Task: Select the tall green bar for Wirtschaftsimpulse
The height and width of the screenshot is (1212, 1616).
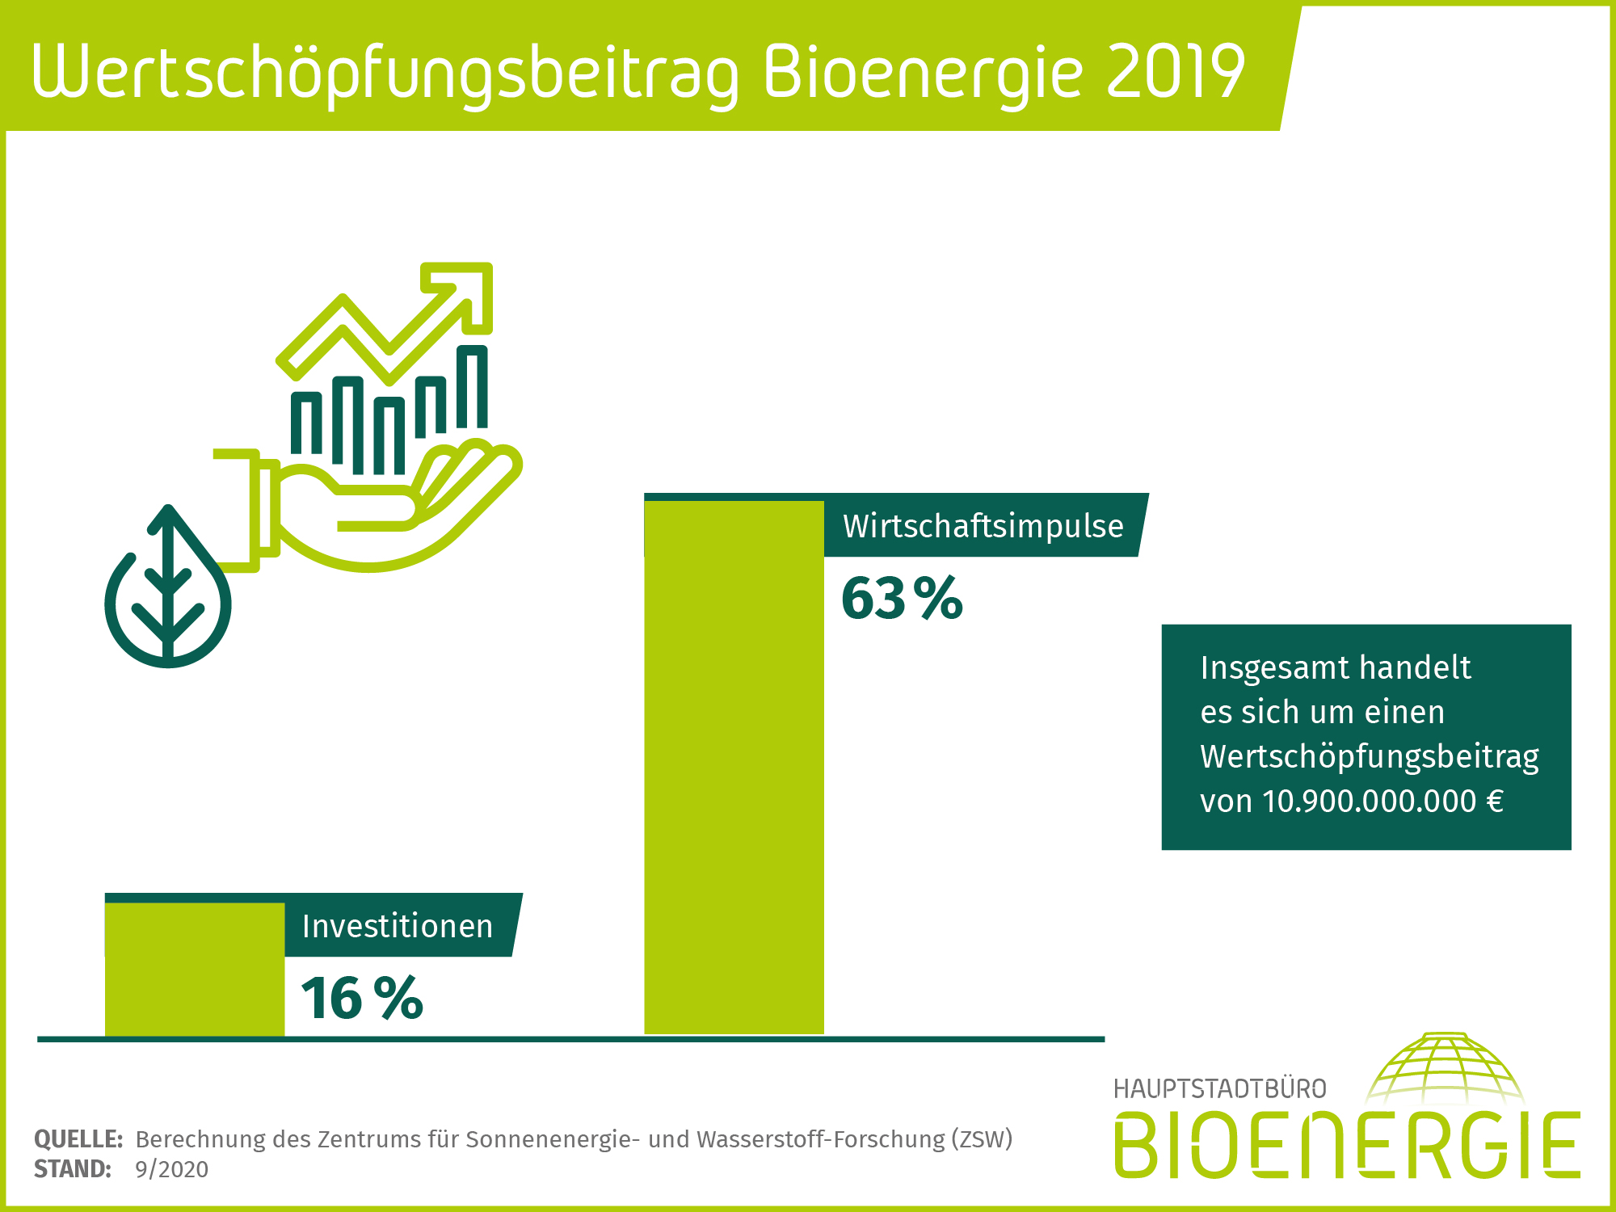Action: pos(734,768)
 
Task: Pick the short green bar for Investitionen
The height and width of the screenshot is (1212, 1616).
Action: pos(194,970)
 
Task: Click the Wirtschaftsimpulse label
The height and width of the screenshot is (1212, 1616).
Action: pos(983,526)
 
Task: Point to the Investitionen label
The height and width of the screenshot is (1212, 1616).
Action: pos(397,926)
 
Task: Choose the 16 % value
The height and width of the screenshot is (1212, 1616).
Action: pos(361,999)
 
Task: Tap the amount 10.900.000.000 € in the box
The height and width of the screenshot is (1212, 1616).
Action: pos(1382,802)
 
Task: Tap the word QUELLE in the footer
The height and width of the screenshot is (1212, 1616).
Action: pos(78,1139)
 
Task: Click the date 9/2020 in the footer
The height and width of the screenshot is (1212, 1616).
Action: pos(171,1169)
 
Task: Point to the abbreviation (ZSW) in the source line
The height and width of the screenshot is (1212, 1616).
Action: pos(981,1139)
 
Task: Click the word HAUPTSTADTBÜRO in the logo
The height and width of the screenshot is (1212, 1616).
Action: pos(1219,1089)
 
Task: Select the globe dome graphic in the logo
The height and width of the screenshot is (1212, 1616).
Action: pos(1445,1068)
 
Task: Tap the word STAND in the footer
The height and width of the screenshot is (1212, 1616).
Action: pos(72,1169)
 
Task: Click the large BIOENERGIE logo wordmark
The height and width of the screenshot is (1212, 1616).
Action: pos(1346,1146)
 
